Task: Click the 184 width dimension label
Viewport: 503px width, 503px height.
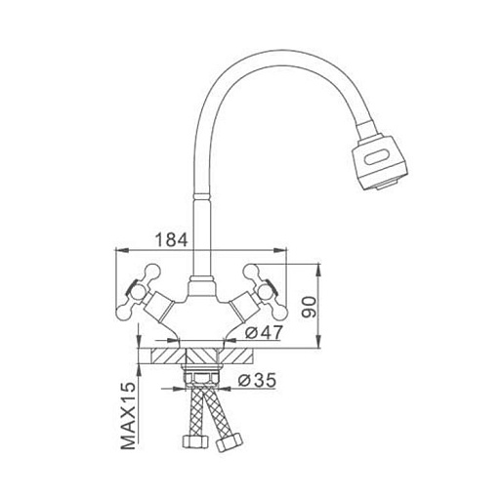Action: point(172,240)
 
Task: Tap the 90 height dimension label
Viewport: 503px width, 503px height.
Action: point(309,307)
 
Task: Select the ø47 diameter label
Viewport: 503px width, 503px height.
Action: point(263,332)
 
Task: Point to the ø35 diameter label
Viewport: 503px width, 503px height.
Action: point(257,380)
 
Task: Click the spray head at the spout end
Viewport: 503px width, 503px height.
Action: point(379,162)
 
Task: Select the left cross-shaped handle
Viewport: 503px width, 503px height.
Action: point(138,291)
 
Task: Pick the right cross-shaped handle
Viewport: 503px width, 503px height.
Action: point(266,291)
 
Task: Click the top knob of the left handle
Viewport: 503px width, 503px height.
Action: point(153,272)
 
